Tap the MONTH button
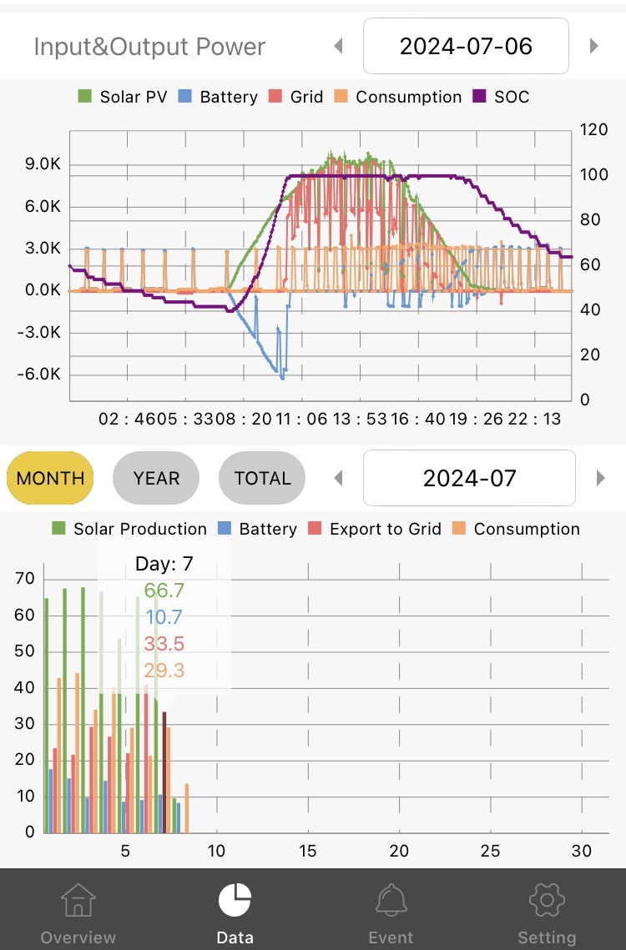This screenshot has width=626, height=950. pos(50,478)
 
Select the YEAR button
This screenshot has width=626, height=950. pos(156,478)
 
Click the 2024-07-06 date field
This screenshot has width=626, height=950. pos(466,46)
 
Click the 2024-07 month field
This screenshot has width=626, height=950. pos(469,478)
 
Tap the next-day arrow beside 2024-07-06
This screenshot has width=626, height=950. pos(594,46)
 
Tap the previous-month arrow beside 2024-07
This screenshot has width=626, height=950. pos(338,478)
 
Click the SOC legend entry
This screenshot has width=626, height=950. pos(502,97)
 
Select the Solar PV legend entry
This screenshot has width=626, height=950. pos(121,97)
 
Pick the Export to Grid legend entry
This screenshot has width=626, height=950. pos(376,529)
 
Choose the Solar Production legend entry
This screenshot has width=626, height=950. pos(129,529)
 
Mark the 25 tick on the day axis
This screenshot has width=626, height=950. pos(491,851)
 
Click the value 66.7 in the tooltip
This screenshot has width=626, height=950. pos(164,591)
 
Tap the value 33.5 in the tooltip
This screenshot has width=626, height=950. pos(164,644)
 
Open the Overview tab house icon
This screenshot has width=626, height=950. pos(78,900)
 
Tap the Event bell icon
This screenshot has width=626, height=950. pos(391,900)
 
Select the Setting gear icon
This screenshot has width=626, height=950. pos(547,900)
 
